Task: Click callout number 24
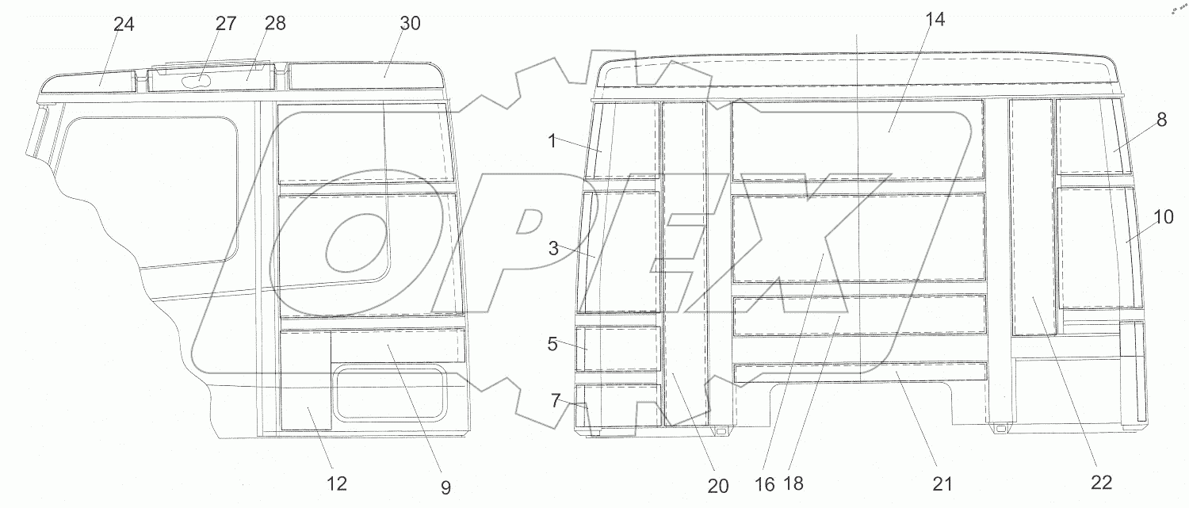[x=124, y=25]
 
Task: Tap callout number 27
[x=226, y=23]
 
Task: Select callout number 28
[x=275, y=23]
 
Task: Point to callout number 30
[x=410, y=23]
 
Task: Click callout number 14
[x=935, y=20]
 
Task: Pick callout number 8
[x=1161, y=120]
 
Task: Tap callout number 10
[x=1164, y=216]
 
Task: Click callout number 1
[x=552, y=141]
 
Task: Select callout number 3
[x=553, y=248]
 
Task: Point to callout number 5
[x=552, y=344]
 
